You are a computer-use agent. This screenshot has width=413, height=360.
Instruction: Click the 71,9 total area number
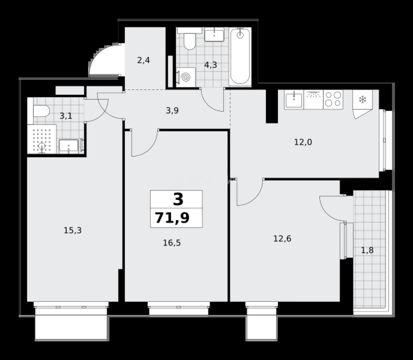[172, 218]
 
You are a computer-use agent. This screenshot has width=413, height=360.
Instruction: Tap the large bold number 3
[178, 199]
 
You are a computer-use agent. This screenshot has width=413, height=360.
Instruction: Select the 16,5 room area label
[172, 243]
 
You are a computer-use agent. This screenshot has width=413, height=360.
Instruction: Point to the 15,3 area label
[72, 230]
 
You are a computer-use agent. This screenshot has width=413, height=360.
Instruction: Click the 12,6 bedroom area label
[282, 239]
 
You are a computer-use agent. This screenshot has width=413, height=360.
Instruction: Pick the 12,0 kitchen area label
[303, 142]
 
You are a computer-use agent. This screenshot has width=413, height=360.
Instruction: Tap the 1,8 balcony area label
[367, 250]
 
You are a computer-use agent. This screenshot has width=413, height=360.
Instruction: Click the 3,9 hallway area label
[172, 111]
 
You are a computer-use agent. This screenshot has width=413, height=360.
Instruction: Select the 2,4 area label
[143, 60]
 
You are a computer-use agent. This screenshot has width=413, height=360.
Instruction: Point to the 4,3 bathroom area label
[211, 65]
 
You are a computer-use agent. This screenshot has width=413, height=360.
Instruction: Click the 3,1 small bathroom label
[66, 116]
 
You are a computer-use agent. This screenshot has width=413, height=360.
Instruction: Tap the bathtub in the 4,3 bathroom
[240, 56]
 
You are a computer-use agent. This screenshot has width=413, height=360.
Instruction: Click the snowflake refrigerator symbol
[363, 100]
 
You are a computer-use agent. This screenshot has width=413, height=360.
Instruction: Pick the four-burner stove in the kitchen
[333, 99]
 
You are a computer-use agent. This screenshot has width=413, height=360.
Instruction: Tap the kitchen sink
[294, 99]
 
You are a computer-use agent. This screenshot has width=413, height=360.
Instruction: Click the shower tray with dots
[42, 139]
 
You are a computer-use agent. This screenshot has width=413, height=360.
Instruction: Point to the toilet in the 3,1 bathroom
[41, 111]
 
